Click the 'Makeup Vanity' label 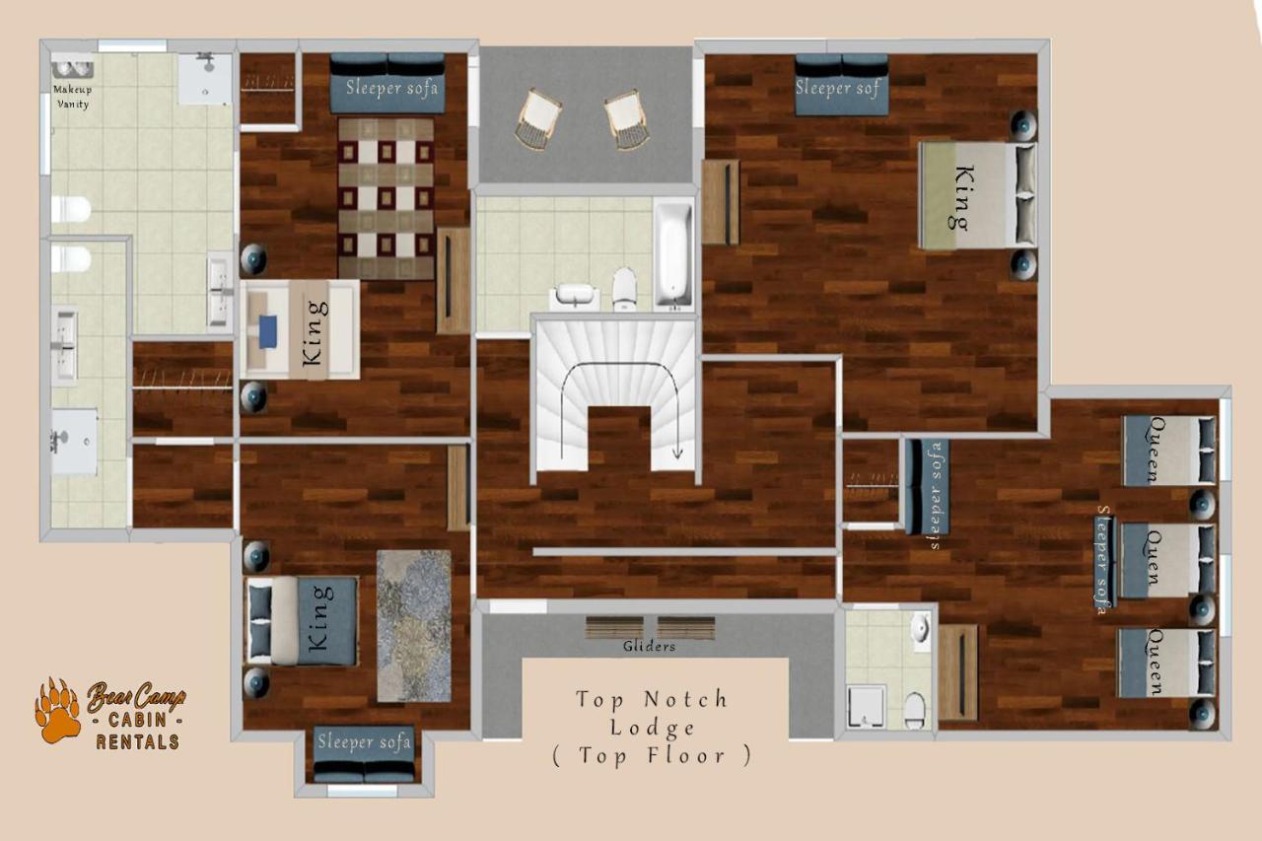(72, 97)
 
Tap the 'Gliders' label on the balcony (649, 646)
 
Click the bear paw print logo (57, 710)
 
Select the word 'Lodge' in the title (652, 729)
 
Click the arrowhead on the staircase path (676, 453)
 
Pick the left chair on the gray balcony (538, 119)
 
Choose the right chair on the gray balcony (626, 120)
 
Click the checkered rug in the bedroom (386, 198)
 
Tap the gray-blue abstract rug (413, 626)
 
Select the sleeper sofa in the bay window (365, 754)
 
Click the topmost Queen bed (1169, 451)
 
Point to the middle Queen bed (1166, 561)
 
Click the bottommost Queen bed (1166, 663)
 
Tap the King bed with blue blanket (302, 621)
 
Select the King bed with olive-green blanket (977, 195)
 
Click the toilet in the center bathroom (624, 289)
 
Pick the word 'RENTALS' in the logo (137, 741)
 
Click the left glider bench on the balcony (614, 627)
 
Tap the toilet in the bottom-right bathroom (914, 710)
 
